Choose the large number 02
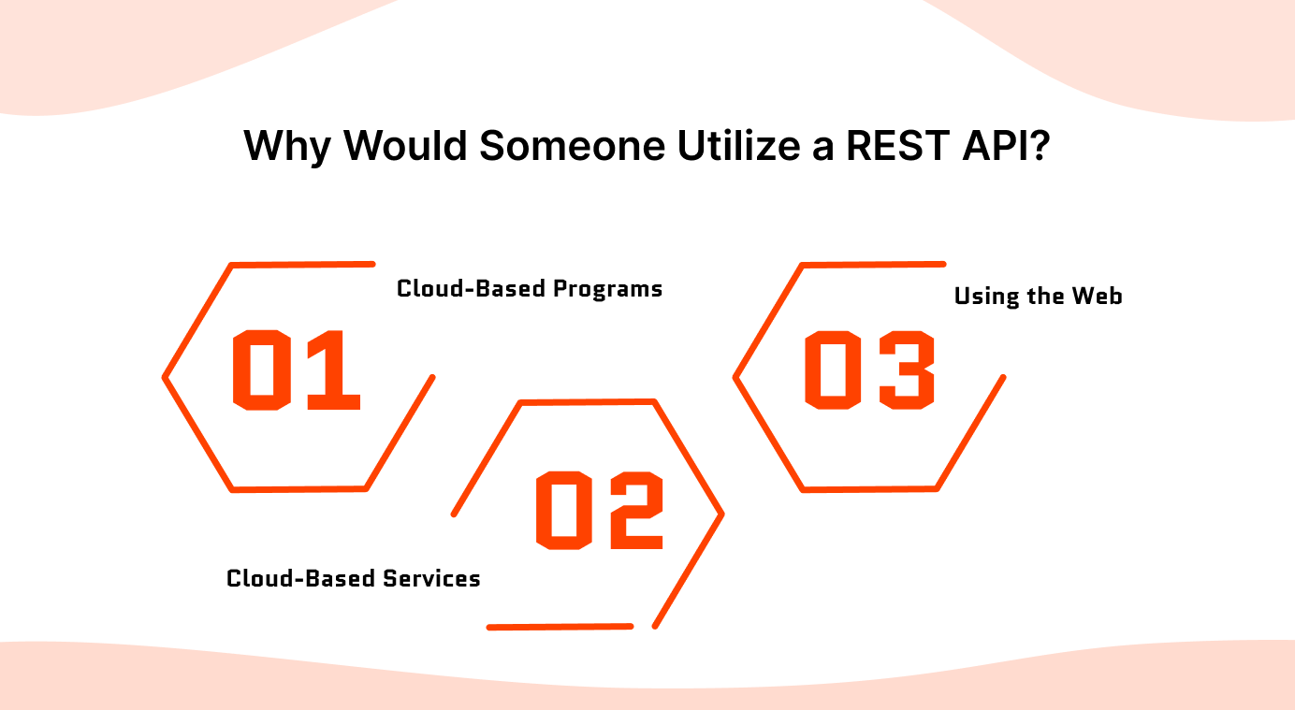tap(600, 510)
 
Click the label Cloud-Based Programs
tap(530, 288)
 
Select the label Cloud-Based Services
tap(354, 578)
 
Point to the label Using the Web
tap(1038, 297)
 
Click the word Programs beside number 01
tap(607, 288)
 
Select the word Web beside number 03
tap(1098, 297)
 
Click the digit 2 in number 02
tap(635, 510)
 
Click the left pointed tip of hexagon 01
tap(166, 378)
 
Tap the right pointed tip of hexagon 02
tap(722, 514)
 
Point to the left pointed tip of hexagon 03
tap(735, 378)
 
